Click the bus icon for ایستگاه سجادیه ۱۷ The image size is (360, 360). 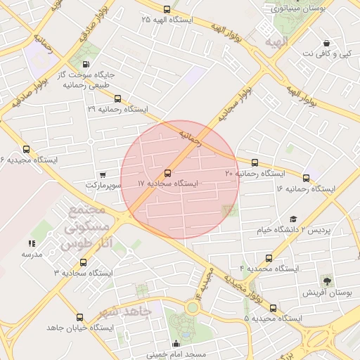(x=167, y=173)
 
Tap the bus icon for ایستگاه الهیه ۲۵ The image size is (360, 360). (x=167, y=10)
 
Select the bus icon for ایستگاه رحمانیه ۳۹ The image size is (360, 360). (x=117, y=99)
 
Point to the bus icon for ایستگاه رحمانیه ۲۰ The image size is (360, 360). (x=255, y=162)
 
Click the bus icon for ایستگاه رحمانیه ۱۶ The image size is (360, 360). (x=306, y=178)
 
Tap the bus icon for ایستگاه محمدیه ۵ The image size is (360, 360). (x=273, y=308)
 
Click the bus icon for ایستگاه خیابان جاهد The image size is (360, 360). (x=79, y=317)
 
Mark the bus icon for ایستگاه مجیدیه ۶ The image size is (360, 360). (x=27, y=149)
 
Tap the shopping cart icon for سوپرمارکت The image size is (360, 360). (x=103, y=174)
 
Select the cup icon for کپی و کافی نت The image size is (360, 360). (x=326, y=43)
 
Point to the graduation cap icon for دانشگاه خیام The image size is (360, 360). (x=293, y=219)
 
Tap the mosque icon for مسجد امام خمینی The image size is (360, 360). (x=176, y=343)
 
